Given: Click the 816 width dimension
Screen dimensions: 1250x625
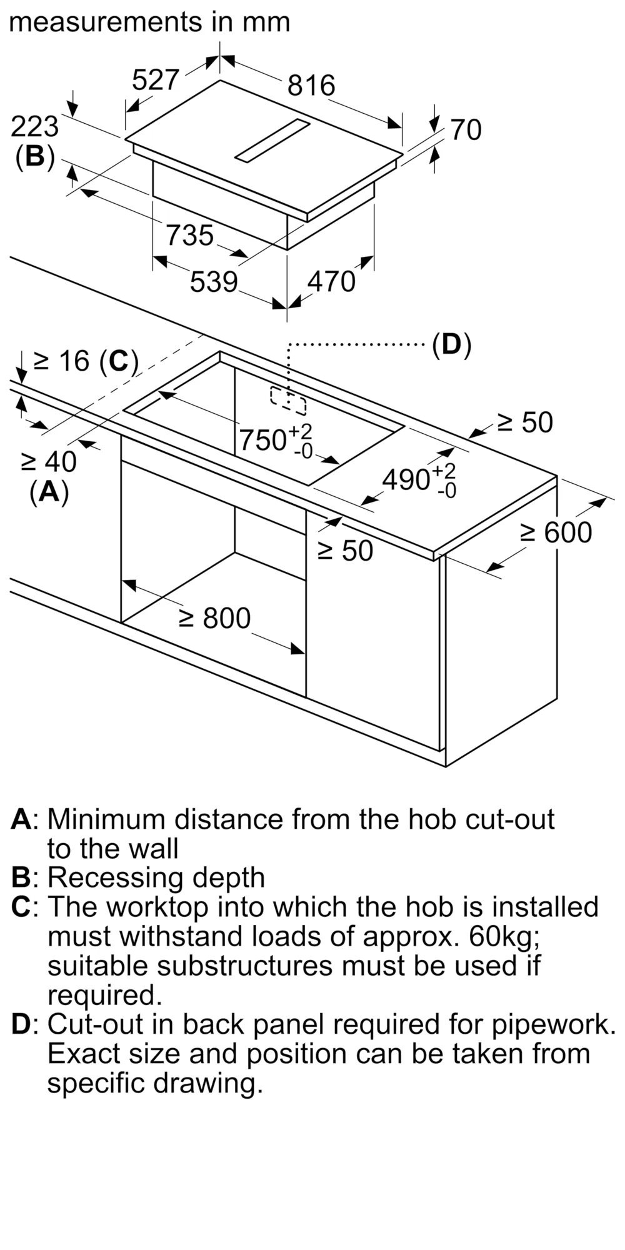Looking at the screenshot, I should pos(311,85).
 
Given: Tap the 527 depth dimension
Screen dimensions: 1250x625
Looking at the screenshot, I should pos(156,80).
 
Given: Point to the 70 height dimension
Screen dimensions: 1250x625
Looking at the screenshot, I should pos(466,130).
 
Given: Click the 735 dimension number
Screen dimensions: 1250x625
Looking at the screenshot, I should pos(189,236).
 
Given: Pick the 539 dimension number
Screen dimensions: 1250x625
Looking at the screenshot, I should pos(214,282).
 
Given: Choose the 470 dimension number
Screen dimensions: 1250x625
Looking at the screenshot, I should pos(331,282).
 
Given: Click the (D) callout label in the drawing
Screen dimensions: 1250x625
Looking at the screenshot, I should pos(451,344).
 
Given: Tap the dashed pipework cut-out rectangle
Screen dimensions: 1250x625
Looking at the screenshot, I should pos(289,401).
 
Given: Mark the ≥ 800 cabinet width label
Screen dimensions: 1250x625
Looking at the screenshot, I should pos(214,618).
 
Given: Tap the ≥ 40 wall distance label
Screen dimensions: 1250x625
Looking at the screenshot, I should pos(49,462).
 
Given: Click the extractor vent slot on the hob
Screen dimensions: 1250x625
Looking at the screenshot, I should pos(272,141).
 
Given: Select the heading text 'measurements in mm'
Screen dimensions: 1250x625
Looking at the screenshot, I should pos(150,22).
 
